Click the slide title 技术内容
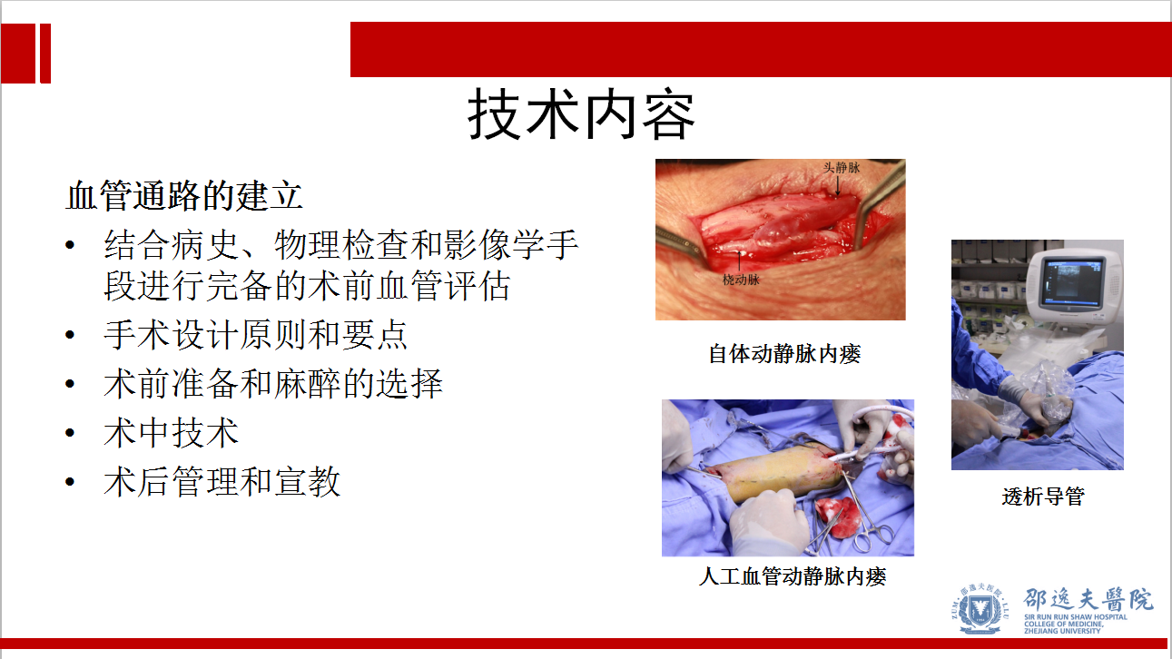(581, 114)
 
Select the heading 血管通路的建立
(184, 195)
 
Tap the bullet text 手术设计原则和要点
(256, 335)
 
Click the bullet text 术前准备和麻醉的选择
(273, 383)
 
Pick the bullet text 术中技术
(171, 433)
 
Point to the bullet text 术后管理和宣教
(222, 481)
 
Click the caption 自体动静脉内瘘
(784, 354)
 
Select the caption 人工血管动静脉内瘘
(793, 576)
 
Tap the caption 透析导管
(1043, 497)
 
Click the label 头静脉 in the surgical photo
(842, 167)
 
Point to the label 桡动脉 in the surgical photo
(741, 280)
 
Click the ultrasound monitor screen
(1071, 281)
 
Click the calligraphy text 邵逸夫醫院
(1088, 599)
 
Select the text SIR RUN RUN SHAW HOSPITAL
(1076, 617)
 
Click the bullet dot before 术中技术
(70, 433)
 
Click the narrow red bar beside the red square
(45, 54)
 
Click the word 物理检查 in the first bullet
(341, 244)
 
